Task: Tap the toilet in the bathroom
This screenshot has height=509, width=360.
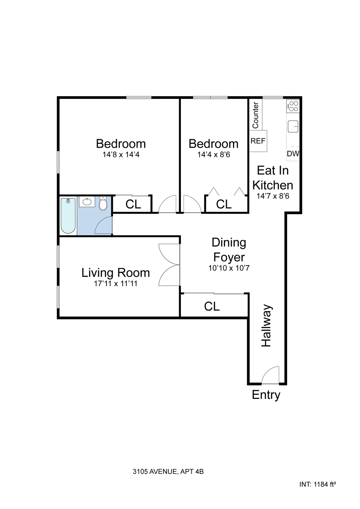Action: [x=103, y=204]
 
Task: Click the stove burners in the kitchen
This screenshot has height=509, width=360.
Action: [x=293, y=106]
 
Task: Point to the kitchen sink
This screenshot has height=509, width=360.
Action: [x=293, y=126]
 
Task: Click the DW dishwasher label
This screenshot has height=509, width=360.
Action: [x=293, y=154]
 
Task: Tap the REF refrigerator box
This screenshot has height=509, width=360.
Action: [x=258, y=141]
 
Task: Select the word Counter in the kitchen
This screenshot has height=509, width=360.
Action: [x=255, y=115]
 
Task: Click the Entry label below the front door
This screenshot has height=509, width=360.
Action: [x=266, y=395]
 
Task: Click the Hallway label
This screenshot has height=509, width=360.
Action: [x=266, y=326]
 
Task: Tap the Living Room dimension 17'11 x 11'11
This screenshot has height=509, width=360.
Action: [x=116, y=283]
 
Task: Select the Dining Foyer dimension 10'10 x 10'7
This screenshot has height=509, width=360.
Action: [x=229, y=268]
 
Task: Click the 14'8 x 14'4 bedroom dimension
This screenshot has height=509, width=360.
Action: [x=121, y=155]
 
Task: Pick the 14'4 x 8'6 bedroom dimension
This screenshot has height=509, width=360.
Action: [x=214, y=155]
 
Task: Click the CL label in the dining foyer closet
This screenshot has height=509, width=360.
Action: [x=212, y=307]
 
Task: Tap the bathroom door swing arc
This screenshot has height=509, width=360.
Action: [x=103, y=226]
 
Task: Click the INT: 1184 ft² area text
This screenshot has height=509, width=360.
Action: [x=317, y=484]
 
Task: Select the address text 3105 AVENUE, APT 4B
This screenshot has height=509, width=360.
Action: [x=168, y=472]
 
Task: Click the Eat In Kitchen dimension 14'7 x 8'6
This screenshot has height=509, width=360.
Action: [x=273, y=196]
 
